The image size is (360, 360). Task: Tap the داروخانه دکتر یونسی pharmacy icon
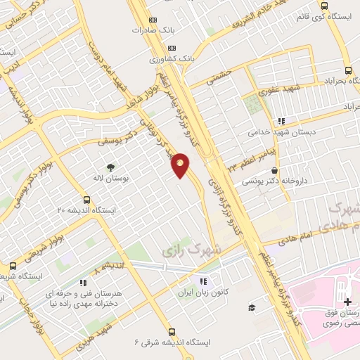[x=273, y=170]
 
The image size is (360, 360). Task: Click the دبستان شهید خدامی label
[x=278, y=131]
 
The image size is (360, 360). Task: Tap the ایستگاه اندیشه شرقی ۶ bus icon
[x=172, y=332]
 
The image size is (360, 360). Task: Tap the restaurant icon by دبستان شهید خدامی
[x=283, y=121]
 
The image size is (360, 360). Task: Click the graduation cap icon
[x=250, y=308]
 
